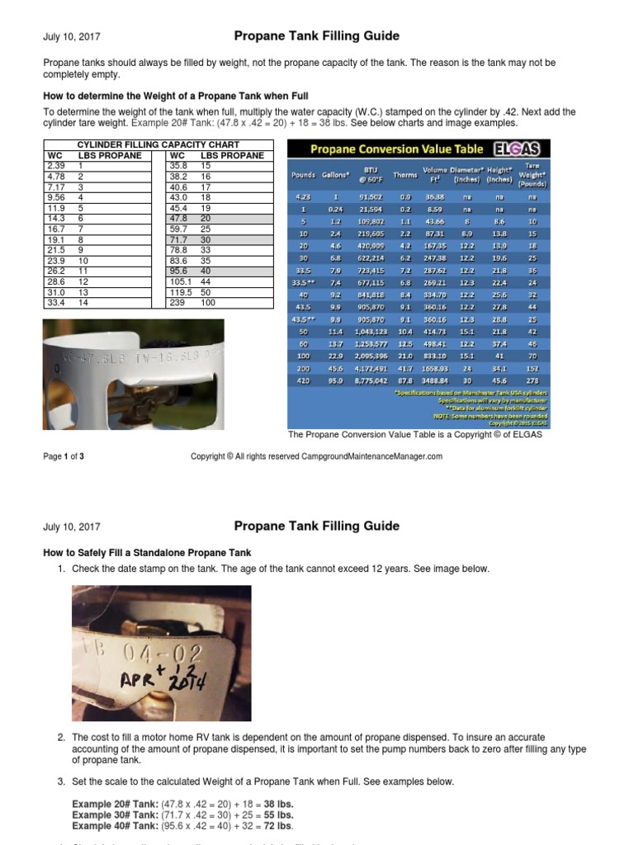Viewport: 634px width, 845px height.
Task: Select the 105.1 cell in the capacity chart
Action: click(x=179, y=281)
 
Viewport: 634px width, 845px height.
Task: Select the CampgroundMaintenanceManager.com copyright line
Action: click(x=316, y=456)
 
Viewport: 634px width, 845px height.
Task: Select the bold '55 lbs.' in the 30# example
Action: click(x=277, y=814)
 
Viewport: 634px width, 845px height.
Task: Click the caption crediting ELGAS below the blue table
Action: click(x=414, y=435)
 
